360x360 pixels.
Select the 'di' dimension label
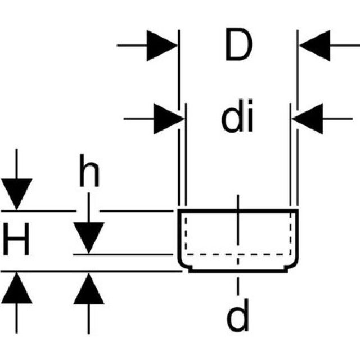coord(237,118)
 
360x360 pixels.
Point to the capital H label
coord(17,240)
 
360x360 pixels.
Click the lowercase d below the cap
coord(237,318)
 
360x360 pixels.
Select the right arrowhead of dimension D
coord(314,44)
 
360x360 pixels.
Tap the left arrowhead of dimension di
coord(169,118)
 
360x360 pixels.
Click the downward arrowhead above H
coord(17,194)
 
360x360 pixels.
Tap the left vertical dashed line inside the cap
coord(185,233)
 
